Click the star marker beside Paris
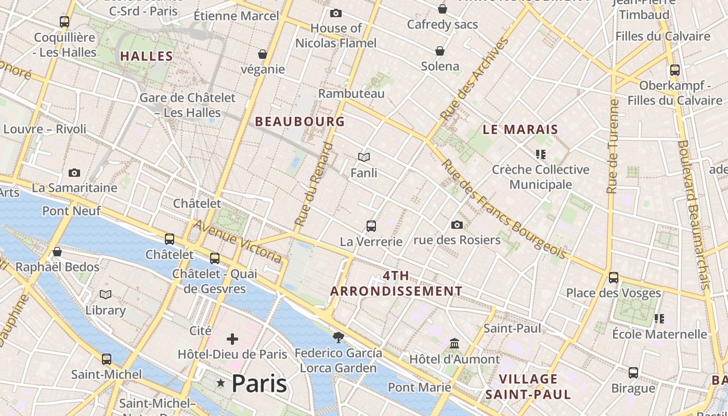click(220, 383)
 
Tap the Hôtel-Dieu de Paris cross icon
click(232, 340)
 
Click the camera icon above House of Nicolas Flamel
click(336, 13)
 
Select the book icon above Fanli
click(364, 157)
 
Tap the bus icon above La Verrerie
click(371, 226)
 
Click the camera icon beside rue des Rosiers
click(457, 225)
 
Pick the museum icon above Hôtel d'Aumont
click(454, 344)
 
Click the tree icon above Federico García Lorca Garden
click(339, 337)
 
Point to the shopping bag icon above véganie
click(263, 54)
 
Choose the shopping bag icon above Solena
click(440, 51)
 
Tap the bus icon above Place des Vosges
click(614, 278)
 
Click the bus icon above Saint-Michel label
click(107, 359)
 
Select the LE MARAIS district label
click(520, 129)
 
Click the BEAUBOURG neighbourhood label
click(300, 121)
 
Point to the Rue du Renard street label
click(314, 184)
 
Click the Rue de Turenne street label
click(613, 146)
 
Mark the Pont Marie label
click(420, 387)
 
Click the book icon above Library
click(106, 295)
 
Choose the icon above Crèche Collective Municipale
click(541, 154)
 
